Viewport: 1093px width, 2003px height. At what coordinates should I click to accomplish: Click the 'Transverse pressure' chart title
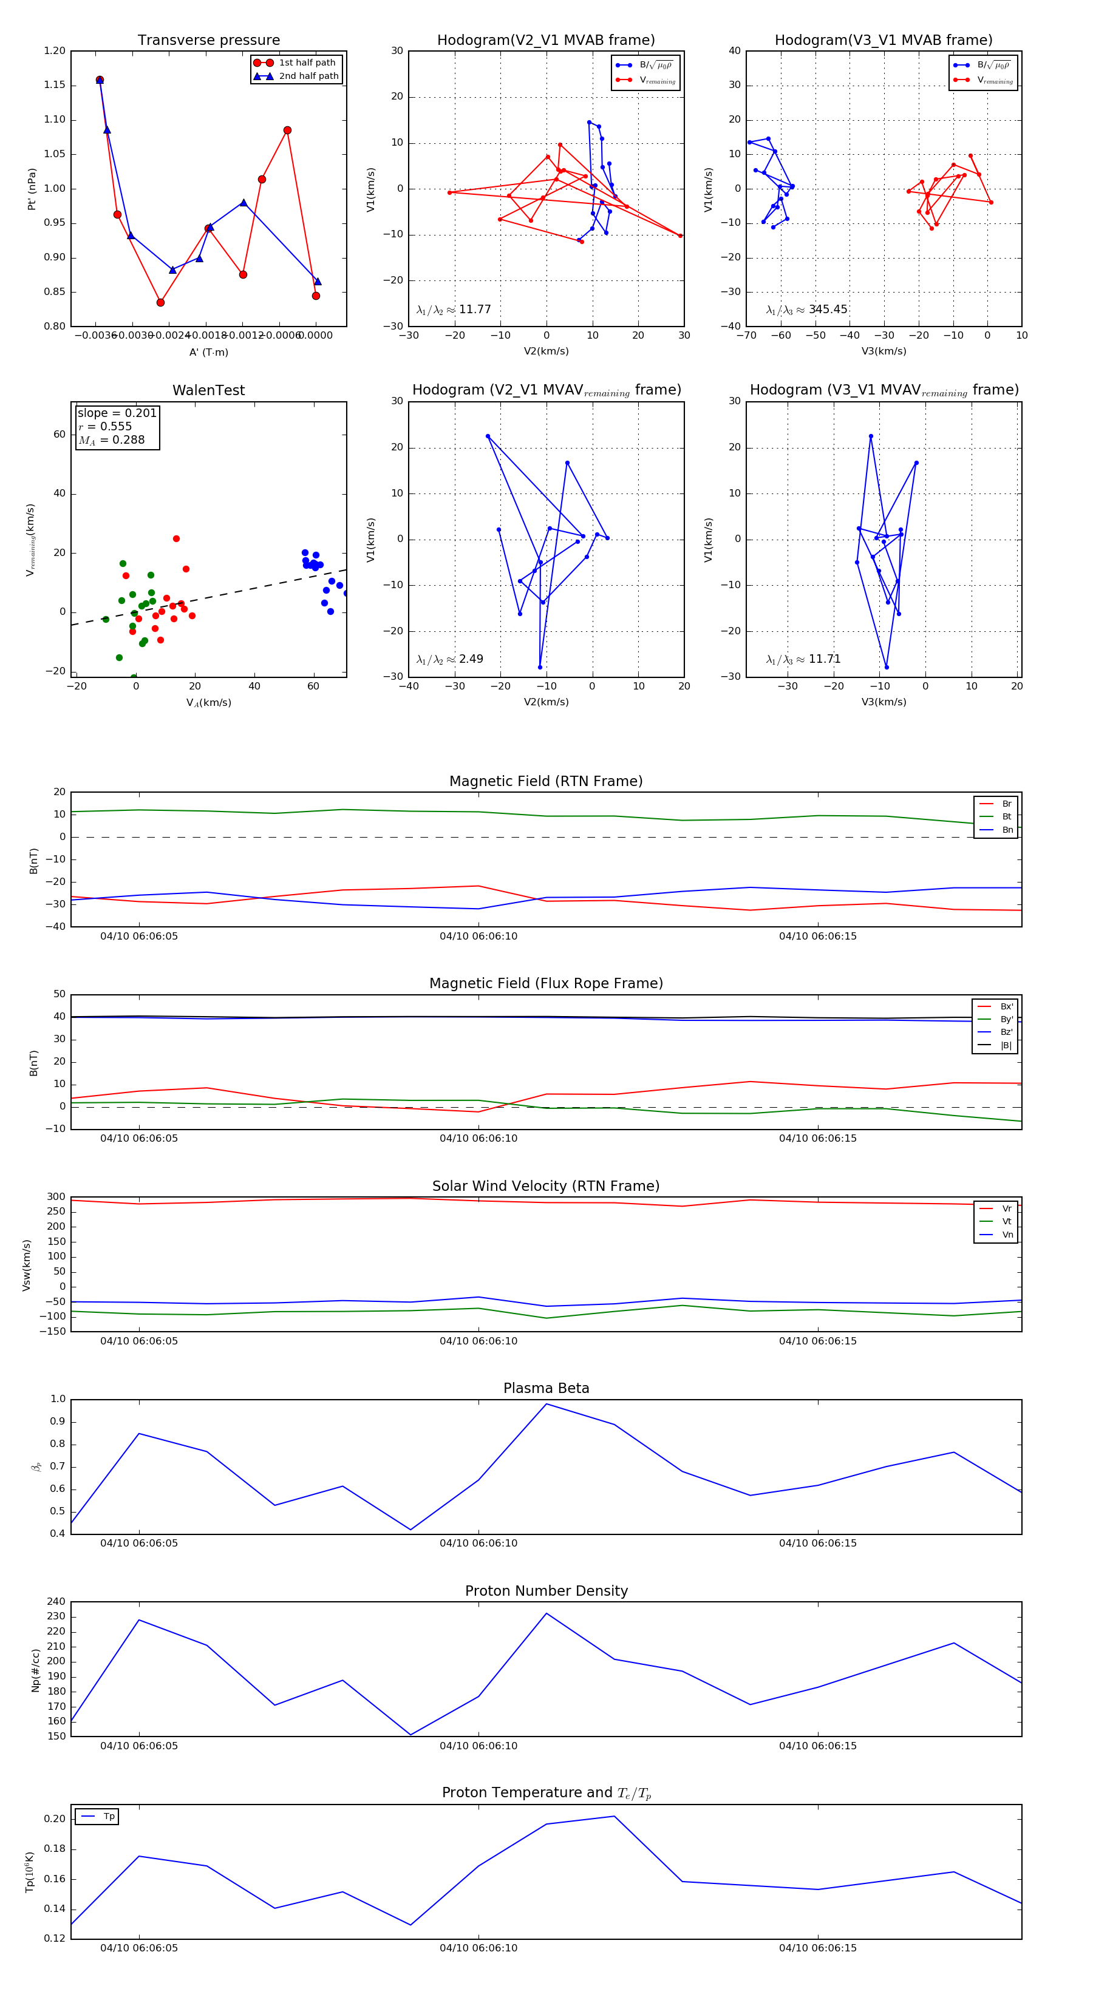pos(208,41)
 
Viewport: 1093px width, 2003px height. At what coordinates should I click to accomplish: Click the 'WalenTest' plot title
pos(208,390)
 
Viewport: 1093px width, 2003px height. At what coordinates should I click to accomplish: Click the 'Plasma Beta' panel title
pos(546,1388)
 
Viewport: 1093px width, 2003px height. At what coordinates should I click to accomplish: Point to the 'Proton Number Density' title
pos(546,1591)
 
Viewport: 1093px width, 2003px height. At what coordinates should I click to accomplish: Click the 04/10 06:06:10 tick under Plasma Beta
pos(478,1543)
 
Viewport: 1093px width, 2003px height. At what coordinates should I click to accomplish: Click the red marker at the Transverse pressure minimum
pos(160,302)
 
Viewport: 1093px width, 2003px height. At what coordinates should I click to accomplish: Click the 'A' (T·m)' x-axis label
pos(208,352)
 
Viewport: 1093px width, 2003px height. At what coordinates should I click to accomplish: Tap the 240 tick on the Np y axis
pos(56,1602)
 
